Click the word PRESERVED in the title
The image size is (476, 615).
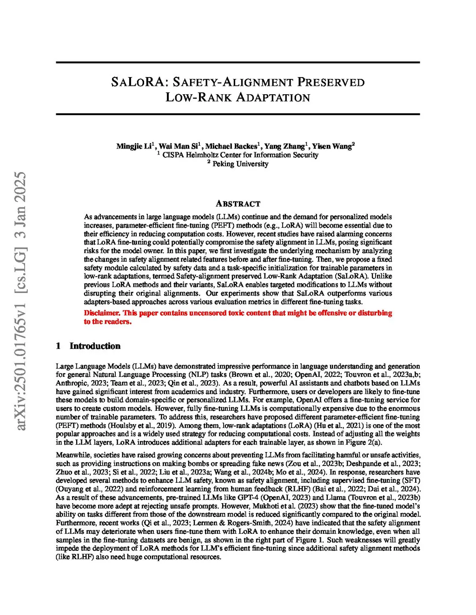pyautogui.click(x=331, y=82)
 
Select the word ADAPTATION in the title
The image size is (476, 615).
pyautogui.click(x=273, y=97)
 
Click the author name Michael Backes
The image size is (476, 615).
pyautogui.click(x=231, y=146)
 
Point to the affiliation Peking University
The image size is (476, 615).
pyautogui.click(x=240, y=164)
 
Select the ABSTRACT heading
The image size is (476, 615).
pyautogui.click(x=238, y=204)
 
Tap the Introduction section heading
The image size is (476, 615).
pyautogui.click(x=95, y=346)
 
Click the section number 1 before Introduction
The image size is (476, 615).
pyautogui.click(x=58, y=346)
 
